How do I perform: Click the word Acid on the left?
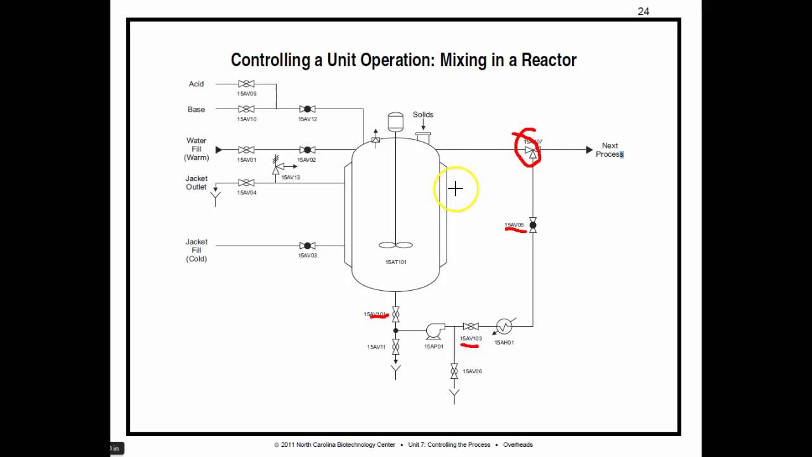click(x=196, y=84)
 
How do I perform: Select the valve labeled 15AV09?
click(x=246, y=84)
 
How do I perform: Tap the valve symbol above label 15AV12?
click(x=308, y=109)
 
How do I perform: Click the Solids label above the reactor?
click(x=423, y=115)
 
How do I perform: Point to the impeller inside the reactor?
click(x=395, y=245)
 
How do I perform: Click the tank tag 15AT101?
click(x=396, y=262)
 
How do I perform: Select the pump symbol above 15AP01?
click(x=435, y=330)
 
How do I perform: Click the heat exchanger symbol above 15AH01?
click(x=504, y=326)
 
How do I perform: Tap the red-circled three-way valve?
click(x=532, y=150)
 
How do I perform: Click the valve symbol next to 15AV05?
click(x=533, y=225)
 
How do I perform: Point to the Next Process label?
click(x=610, y=150)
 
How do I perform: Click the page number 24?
click(x=643, y=11)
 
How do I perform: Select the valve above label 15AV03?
click(x=308, y=246)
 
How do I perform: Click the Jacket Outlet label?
click(x=197, y=183)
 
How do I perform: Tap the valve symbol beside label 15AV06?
click(x=454, y=371)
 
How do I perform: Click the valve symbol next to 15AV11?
click(x=396, y=347)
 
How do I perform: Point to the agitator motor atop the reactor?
click(x=395, y=121)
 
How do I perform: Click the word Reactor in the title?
click(x=549, y=60)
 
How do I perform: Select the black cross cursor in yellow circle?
click(x=455, y=189)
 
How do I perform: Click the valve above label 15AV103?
click(x=471, y=326)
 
